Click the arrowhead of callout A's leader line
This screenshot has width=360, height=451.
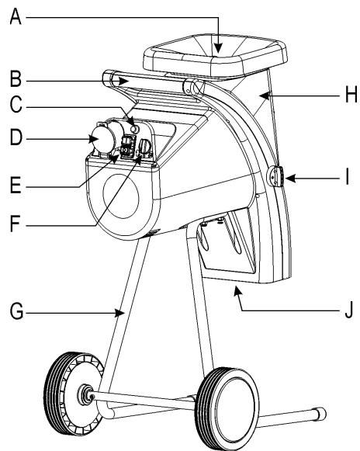pyautogui.click(x=219, y=53)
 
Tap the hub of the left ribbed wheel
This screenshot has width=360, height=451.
pyautogui.click(x=83, y=397)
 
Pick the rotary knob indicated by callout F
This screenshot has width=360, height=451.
pyautogui.click(x=144, y=144)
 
